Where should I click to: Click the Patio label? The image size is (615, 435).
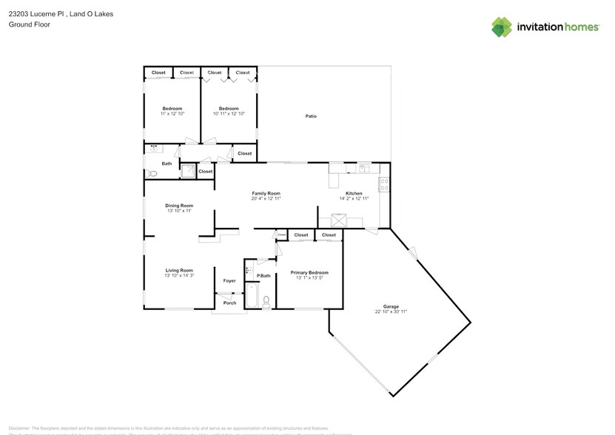312,116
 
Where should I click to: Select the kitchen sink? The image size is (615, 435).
363,168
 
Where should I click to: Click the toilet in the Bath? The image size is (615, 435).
151,174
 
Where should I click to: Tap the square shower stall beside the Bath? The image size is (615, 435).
189,172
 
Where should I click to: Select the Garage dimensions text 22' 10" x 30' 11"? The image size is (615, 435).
391,311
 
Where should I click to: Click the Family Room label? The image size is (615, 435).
266,193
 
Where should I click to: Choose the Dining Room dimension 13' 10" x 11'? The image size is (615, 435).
178,211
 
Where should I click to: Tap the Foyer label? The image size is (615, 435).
229,281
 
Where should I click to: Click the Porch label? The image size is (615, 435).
229,303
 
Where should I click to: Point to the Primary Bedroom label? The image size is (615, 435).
309,272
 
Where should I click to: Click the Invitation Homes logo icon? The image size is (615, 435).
502,27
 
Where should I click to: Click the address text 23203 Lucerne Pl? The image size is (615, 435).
36,13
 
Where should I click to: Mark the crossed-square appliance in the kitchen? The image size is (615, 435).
340,219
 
